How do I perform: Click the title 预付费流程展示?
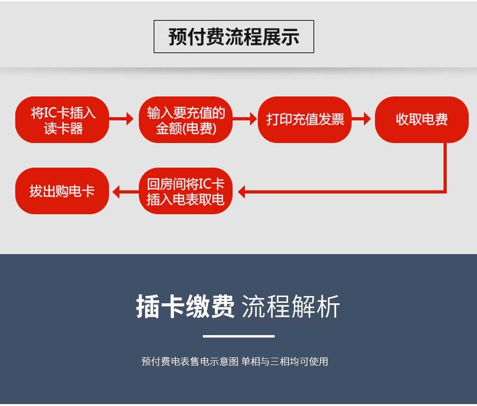(234, 37)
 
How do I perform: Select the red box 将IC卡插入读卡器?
(62, 120)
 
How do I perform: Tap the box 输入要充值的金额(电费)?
(185, 120)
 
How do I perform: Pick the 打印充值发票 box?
(305, 120)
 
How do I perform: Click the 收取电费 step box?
(422, 120)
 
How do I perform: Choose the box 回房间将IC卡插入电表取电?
(185, 191)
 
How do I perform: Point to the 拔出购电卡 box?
(62, 191)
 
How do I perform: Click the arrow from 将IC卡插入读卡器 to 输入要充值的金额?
(121, 119)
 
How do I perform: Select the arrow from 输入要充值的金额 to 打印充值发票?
(245, 119)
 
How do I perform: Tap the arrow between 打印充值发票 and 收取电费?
(361, 119)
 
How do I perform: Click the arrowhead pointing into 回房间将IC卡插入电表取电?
(241, 192)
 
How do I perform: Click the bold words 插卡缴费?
(185, 307)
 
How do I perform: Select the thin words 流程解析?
(291, 307)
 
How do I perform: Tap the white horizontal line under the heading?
(238, 336)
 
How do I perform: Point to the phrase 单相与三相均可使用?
(285, 362)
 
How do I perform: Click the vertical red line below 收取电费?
(445, 167)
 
